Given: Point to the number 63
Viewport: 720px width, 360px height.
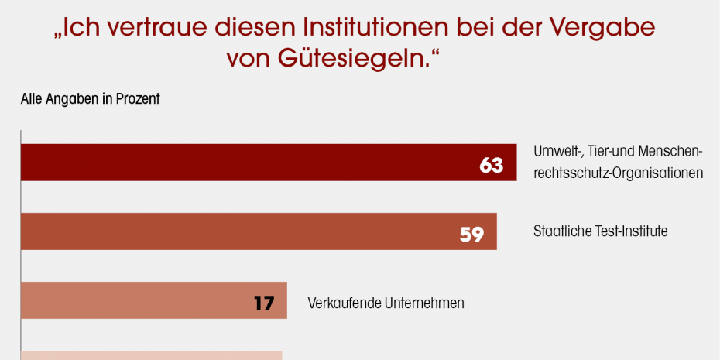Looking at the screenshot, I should point(492,165).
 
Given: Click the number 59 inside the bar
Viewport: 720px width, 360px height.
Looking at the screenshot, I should point(471,234).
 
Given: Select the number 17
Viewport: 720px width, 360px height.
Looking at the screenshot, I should point(264,303).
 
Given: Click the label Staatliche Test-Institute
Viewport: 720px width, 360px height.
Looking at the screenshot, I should point(600,231).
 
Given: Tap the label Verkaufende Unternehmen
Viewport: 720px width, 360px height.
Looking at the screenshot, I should point(386,303).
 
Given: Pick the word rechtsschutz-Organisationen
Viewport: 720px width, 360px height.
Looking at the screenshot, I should point(618,173).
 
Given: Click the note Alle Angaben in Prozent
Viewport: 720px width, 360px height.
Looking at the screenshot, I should point(90,99).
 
